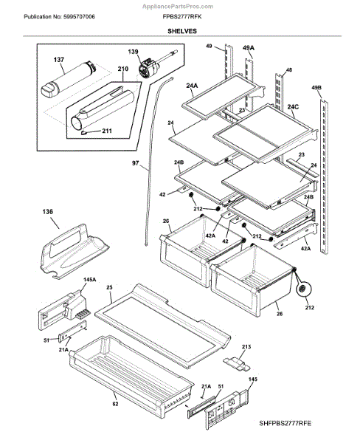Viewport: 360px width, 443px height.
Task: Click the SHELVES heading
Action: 182,31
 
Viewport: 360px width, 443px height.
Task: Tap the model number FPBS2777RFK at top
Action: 182,17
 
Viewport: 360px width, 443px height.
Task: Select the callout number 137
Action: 59,60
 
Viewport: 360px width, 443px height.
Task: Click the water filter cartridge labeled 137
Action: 69,79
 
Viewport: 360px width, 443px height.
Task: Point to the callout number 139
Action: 133,52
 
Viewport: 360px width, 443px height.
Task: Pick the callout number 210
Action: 122,69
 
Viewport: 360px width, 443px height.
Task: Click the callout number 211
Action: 107,131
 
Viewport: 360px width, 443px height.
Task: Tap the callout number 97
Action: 136,163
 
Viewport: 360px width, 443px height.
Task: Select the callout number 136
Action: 47,212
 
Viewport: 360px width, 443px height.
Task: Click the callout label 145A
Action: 89,280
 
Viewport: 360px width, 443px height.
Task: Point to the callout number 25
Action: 109,287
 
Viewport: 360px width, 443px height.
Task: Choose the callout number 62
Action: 115,404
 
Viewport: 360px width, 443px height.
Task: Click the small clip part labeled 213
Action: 237,363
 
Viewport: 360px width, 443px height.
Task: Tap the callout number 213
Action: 246,347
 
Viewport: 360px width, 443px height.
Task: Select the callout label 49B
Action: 316,88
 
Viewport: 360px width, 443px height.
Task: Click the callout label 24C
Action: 293,107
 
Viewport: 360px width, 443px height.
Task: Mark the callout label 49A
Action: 248,48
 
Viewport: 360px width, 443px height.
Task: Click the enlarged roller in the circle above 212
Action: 303,289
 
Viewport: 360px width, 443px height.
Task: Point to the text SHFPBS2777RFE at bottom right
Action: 285,423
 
